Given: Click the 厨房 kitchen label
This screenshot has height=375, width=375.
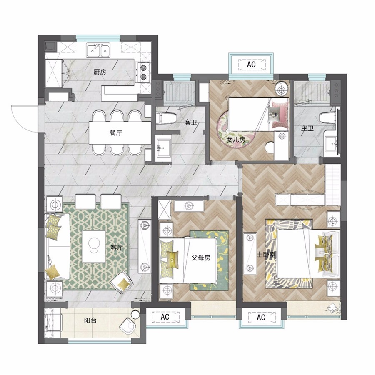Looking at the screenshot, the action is [x=100, y=72].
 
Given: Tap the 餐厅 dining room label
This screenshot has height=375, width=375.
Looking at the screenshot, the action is [x=116, y=133].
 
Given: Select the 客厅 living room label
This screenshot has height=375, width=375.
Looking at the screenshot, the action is [x=117, y=247].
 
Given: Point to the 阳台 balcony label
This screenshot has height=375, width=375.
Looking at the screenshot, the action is [x=90, y=320].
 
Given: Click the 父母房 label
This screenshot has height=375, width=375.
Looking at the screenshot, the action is [x=201, y=258].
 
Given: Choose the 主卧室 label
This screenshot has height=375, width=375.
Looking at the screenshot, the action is [x=266, y=255].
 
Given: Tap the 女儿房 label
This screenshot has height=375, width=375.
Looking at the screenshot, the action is [x=236, y=140].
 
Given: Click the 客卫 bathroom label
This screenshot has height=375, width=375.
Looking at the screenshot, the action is [x=190, y=123].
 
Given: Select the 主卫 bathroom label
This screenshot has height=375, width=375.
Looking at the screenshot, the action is [x=307, y=129].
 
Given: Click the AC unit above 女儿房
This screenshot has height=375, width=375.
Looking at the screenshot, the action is [x=252, y=64].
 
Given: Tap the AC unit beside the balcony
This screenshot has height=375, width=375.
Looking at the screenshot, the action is [x=165, y=317].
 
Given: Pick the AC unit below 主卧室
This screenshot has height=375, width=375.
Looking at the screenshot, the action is [x=261, y=317].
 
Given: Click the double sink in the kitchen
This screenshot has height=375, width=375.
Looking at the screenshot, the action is [x=98, y=50].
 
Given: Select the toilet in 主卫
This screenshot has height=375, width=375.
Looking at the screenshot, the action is [x=327, y=118].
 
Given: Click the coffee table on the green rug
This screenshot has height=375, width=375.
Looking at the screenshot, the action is [x=94, y=247].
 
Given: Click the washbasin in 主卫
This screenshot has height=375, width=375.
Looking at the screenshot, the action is [x=331, y=143].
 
